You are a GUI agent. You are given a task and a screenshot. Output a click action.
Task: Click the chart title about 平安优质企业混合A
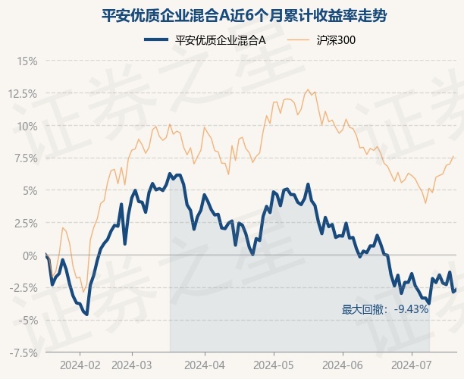click(244, 15)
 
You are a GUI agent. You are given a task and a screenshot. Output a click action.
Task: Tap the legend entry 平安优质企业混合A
click(205, 40)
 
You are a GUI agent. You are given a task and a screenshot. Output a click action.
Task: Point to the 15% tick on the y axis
click(27, 61)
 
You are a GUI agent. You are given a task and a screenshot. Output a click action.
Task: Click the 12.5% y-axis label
click(23, 94)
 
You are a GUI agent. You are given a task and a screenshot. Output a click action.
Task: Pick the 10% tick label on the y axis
click(27, 127)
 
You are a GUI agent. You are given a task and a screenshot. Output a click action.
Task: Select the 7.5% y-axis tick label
click(25, 158)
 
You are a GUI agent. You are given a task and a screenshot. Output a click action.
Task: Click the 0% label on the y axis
click(30, 255)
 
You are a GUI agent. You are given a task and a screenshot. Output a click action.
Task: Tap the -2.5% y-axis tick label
click(24, 287)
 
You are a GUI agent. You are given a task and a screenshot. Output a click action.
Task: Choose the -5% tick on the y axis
click(28, 320)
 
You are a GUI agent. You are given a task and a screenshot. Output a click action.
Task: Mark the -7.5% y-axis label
click(24, 352)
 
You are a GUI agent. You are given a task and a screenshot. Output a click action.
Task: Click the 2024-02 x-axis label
click(80, 365)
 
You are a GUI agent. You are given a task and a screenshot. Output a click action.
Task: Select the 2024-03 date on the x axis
click(132, 365)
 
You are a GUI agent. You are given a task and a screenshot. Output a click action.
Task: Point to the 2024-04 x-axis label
click(205, 365)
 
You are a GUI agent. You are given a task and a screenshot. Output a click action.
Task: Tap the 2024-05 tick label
click(274, 365)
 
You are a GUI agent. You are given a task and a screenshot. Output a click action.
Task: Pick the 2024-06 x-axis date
click(343, 365)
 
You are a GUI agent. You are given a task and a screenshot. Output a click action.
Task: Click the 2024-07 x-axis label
click(412, 365)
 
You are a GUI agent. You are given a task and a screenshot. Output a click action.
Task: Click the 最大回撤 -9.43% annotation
click(385, 309)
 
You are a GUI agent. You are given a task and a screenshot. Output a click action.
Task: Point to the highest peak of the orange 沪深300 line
click(308, 89)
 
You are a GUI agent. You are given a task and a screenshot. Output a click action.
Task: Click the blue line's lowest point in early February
click(86, 315)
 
